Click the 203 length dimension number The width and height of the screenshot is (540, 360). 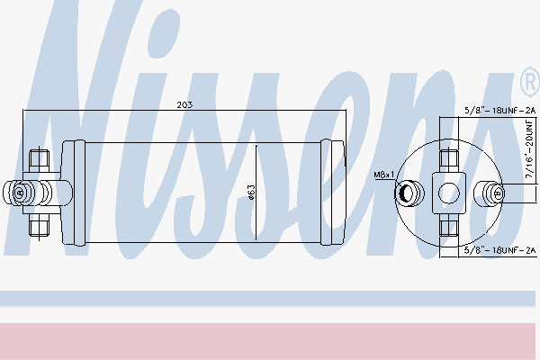184,104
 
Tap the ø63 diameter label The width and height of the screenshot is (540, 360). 251,193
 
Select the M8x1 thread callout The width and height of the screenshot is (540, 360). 383,175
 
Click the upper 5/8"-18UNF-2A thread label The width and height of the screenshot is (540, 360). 500,110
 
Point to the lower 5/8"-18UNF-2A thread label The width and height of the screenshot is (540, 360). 500,250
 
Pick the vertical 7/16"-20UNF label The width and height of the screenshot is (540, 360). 529,148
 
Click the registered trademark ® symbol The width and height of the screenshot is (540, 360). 530,82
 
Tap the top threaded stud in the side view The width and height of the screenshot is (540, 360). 39,160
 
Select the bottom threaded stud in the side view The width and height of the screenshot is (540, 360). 39,225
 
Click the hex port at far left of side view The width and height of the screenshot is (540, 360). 19,193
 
